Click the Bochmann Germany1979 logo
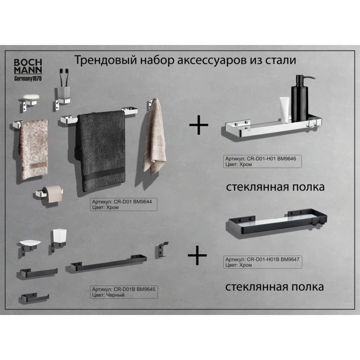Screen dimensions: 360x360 coord(28,70)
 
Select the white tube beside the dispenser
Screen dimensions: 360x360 coord(284,110)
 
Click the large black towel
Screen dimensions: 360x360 coord(100,150)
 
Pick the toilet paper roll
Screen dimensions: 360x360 coord(52,194)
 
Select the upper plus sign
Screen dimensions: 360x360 coord(198,125)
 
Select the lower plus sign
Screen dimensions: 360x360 coord(197,255)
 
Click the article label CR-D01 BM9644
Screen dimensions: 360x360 coord(123,204)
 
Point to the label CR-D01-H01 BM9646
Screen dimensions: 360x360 coord(262,162)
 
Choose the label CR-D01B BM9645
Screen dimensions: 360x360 coord(124,292)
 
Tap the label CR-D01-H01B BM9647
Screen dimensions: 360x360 coord(262,262)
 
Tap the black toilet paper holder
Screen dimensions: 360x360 coord(35,298)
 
